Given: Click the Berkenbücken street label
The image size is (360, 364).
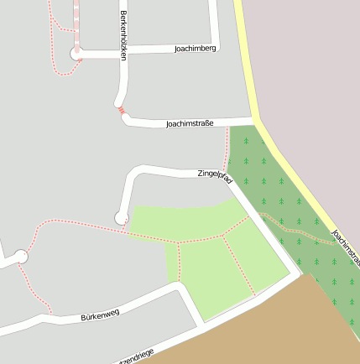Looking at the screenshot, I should [x=123, y=34].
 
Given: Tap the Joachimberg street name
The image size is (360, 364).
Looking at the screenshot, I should [x=196, y=49].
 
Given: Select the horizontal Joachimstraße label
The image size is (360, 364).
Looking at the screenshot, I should [x=190, y=123].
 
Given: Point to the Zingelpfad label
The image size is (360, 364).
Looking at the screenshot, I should [x=215, y=174].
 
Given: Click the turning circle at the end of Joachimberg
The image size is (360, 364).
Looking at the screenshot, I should [x=76, y=54].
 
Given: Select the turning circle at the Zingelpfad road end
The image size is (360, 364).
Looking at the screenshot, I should [x=122, y=218].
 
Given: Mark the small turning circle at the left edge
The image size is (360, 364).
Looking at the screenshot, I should [x=21, y=257].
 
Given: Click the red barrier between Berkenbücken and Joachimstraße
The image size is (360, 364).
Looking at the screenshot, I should [x=122, y=110].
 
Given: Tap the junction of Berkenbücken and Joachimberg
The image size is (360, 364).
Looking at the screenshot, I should [x=123, y=52].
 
